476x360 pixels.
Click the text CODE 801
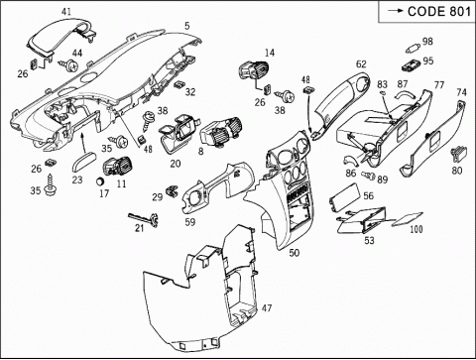click(439, 12)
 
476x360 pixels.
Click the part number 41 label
click(66, 12)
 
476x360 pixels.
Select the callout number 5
click(187, 26)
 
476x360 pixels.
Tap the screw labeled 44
click(70, 65)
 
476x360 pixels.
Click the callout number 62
click(361, 63)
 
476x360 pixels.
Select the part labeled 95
click(411, 65)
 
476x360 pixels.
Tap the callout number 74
click(461, 92)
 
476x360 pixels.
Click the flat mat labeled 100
click(408, 219)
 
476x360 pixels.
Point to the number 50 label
click(295, 253)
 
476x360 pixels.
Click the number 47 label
click(267, 308)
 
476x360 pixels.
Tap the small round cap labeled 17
click(100, 181)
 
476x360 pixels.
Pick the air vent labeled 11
click(118, 166)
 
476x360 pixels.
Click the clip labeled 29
click(172, 190)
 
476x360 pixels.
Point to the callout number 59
click(190, 222)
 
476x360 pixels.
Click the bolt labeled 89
click(368, 175)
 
